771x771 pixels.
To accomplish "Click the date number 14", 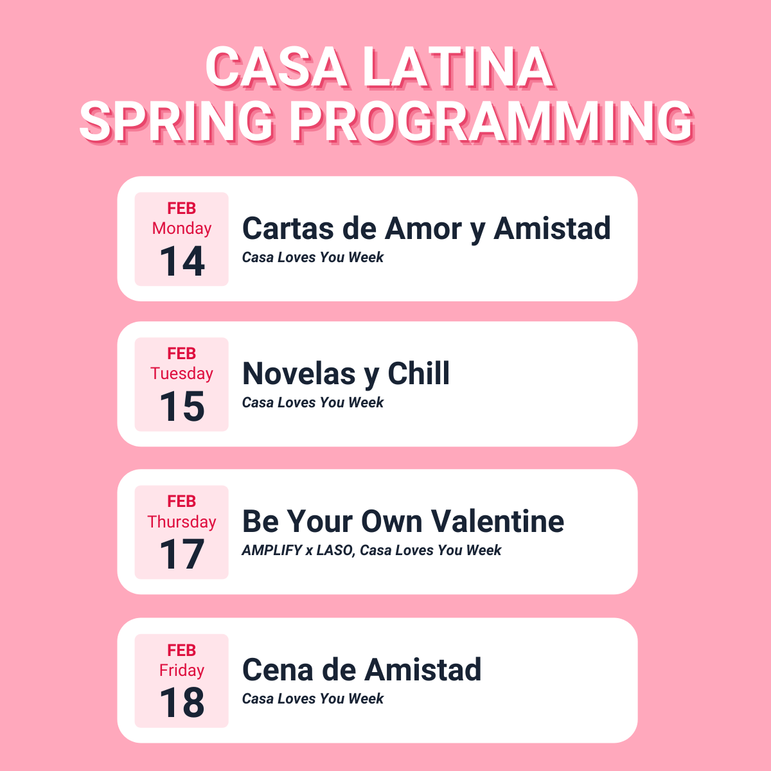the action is (x=182, y=261).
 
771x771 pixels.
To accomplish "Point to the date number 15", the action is (x=182, y=406).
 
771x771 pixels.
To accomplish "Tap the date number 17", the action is (x=182, y=554).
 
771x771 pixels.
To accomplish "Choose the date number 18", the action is (x=182, y=702).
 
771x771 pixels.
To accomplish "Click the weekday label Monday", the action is (x=182, y=229).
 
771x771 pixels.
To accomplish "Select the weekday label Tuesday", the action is (x=182, y=374).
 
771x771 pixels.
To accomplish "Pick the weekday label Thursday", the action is (x=182, y=522).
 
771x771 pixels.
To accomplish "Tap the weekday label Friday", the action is (x=182, y=671).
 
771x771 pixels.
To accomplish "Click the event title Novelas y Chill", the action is (x=346, y=374).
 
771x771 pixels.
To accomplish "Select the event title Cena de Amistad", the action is (x=362, y=669).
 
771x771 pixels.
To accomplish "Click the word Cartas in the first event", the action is (x=288, y=229).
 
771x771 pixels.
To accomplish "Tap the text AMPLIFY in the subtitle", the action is (x=272, y=550).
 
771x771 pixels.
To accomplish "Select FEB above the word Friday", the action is (x=182, y=650).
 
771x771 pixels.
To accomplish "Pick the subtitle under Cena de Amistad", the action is (x=312, y=698).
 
